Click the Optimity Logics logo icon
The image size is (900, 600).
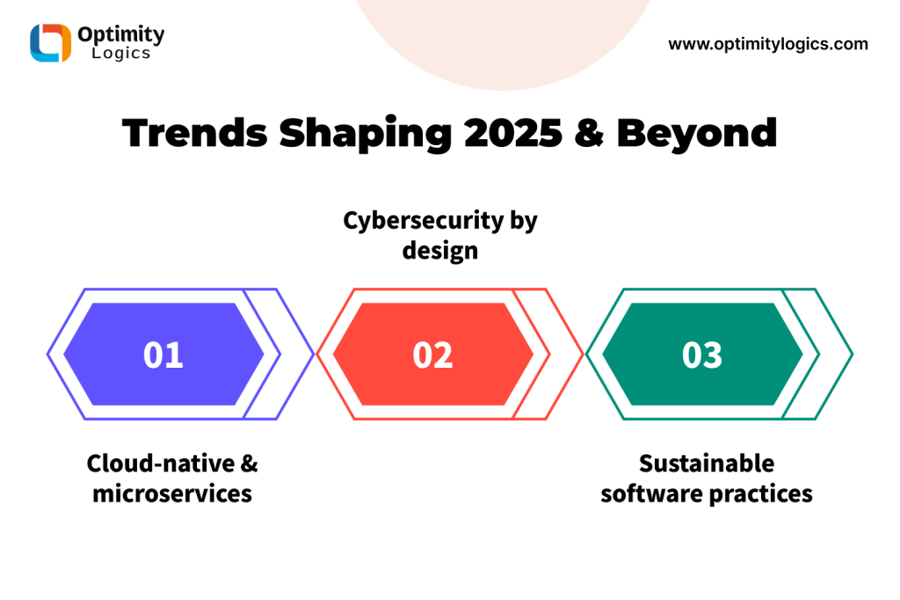click(50, 42)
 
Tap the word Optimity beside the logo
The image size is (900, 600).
click(121, 34)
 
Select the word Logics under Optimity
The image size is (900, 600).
click(121, 54)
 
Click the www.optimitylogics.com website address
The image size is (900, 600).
click(768, 44)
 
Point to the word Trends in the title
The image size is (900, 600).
click(195, 133)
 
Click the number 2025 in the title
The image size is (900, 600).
click(513, 133)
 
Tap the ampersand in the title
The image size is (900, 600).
click(589, 133)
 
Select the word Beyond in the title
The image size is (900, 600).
click(697, 134)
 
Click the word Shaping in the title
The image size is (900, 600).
click(366, 134)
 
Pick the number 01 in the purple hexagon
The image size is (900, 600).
click(163, 355)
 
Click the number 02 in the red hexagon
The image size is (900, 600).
click(432, 355)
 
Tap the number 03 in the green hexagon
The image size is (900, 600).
click(702, 355)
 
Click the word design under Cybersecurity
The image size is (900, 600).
click(440, 251)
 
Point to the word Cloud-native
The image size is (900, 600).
click(161, 464)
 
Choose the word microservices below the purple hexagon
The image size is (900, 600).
click(172, 494)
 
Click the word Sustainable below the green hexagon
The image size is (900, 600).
click(707, 464)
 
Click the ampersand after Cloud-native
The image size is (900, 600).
click(250, 464)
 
